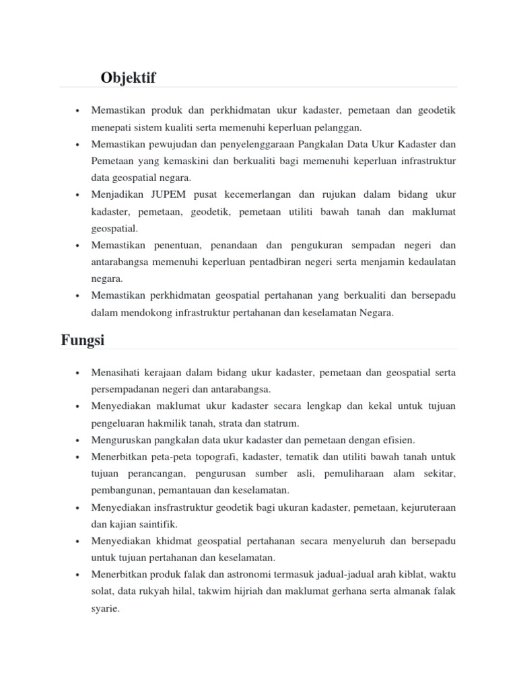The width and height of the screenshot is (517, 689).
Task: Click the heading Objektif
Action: coord(128,78)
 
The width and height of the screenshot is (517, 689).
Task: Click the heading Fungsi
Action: coord(83,340)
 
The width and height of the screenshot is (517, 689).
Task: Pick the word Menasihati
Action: coord(117,372)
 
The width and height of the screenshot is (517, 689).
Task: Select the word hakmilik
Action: coord(185,423)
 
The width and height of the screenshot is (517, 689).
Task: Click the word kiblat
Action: coord(407,575)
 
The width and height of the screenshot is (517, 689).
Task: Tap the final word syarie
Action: coord(104,608)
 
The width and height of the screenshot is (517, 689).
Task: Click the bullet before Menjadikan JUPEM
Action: coord(79,195)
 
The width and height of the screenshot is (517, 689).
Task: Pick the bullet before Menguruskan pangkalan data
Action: coord(79,440)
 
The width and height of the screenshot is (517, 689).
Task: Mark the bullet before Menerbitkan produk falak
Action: coord(79,575)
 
